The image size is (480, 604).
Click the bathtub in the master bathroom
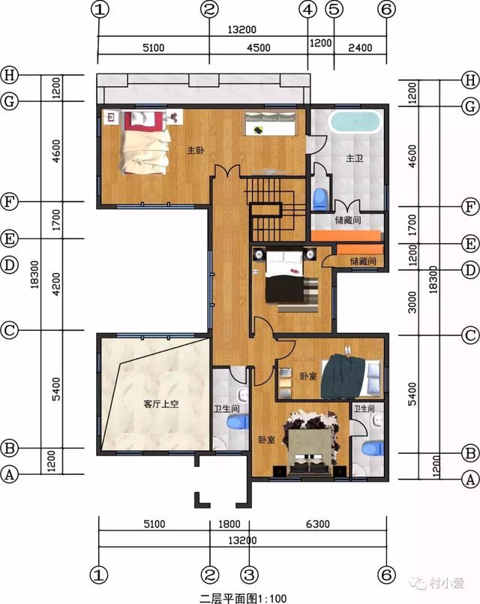pyautogui.click(x=355, y=122)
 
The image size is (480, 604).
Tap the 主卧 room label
pyautogui.click(x=196, y=150)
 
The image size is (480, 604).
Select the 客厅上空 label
pyautogui.click(x=161, y=404)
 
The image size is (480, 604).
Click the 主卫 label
pyautogui.click(x=355, y=158)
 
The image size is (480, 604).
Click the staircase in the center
pyautogui.click(x=274, y=209)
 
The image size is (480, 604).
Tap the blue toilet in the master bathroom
pyautogui.click(x=319, y=199)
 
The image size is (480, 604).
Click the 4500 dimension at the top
pyautogui.click(x=258, y=48)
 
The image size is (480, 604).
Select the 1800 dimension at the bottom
pyautogui.click(x=229, y=524)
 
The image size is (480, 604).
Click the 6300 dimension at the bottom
pyautogui.click(x=318, y=524)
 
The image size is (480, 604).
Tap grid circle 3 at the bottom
pyautogui.click(x=250, y=575)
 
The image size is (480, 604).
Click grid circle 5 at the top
pyautogui.click(x=334, y=9)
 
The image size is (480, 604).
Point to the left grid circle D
pyautogui.click(x=10, y=266)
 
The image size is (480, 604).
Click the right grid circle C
pyautogui.click(x=470, y=335)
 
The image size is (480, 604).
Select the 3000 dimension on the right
pyautogui.click(x=412, y=302)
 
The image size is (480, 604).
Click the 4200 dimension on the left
pyautogui.click(x=56, y=284)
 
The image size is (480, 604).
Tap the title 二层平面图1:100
pyautogui.click(x=243, y=598)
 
